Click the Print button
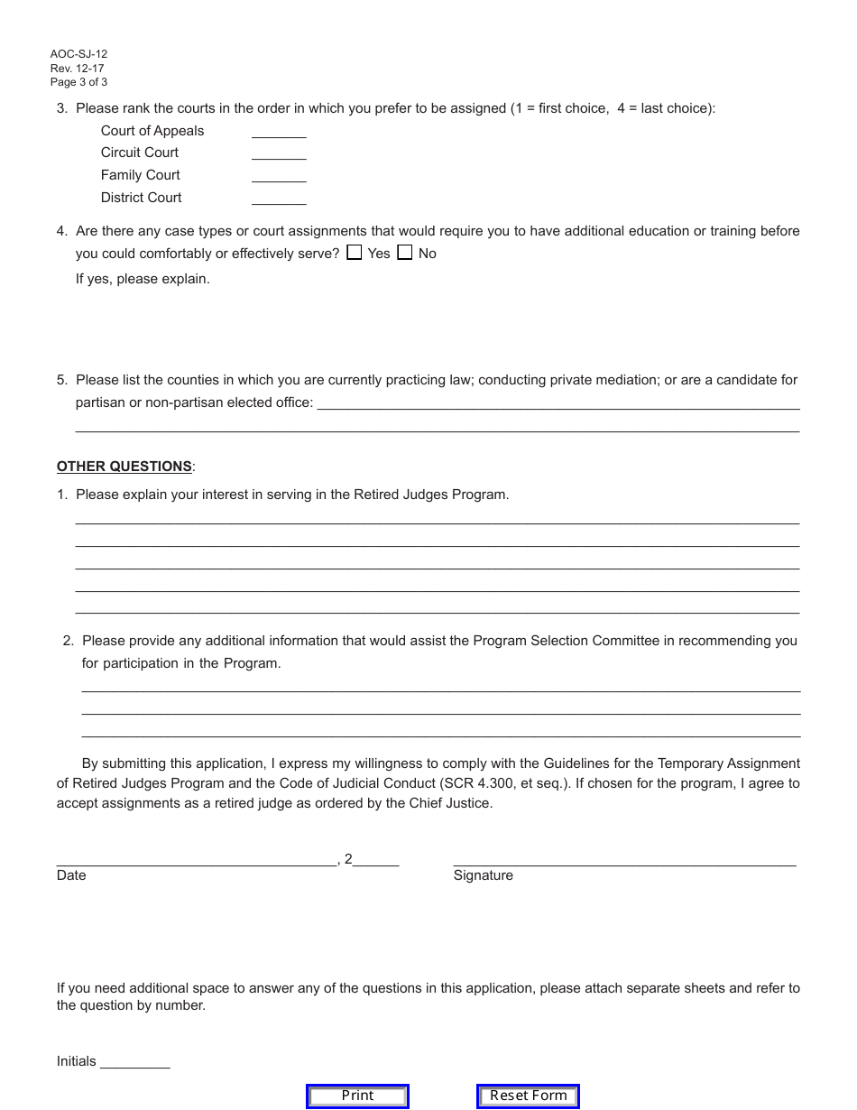tap(357, 1096)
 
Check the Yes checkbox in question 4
tap(355, 253)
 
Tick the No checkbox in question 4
tap(405, 253)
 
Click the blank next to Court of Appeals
tap(279, 132)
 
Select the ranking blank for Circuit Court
tap(279, 153)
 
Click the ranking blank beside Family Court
tap(279, 176)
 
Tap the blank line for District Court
tap(279, 199)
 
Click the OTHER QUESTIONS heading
tap(124, 467)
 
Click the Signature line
tap(624, 859)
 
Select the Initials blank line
tap(135, 1062)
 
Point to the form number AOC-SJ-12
tap(79, 54)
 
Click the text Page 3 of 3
tap(79, 82)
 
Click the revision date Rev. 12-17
tap(78, 69)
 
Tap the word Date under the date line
tap(71, 875)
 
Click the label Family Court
tap(141, 175)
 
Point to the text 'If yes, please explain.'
tap(143, 279)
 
